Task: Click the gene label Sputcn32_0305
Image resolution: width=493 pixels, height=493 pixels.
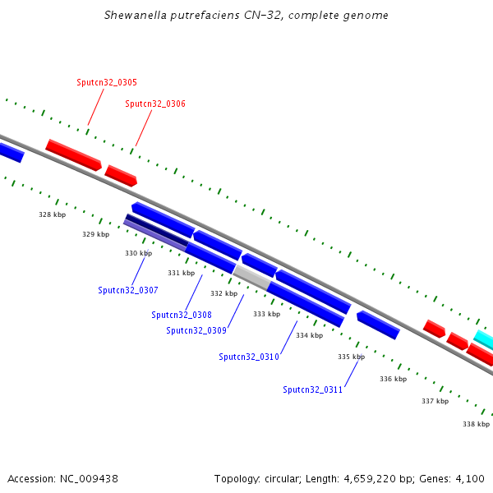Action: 107,82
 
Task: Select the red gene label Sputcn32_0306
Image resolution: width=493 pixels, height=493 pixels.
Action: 155,104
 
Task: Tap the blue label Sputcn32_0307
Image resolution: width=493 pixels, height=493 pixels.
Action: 128,290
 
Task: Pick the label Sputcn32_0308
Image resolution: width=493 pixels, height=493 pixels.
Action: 182,315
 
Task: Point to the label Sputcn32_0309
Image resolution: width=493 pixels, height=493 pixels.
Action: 196,330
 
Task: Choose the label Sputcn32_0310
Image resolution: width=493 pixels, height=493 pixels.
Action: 249,357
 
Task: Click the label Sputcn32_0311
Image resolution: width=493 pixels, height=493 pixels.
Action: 312,389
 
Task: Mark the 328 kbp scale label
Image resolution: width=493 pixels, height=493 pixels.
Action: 53,214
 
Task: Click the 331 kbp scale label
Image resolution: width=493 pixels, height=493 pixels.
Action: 181,273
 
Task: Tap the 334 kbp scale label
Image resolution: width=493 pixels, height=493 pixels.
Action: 310,335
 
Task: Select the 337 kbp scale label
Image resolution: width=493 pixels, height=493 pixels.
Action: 435,401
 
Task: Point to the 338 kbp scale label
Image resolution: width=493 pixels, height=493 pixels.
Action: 476,425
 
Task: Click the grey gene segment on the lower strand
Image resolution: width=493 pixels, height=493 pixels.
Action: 252,278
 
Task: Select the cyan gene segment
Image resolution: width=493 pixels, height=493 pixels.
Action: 484,339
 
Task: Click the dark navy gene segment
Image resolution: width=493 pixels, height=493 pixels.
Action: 157,230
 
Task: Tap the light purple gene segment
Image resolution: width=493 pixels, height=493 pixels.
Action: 155,235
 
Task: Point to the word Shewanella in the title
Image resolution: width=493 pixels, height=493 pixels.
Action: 136,15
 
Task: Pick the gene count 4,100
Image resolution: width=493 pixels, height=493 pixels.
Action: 470,479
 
